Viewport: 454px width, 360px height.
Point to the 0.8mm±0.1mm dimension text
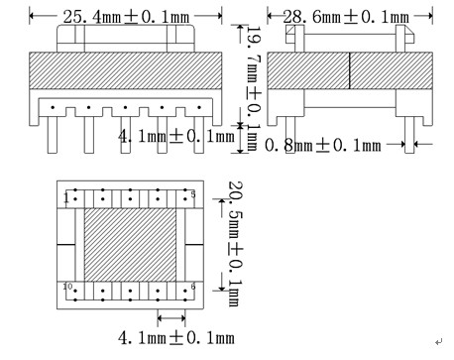(322, 146)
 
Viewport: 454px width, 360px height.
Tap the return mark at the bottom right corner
(438, 340)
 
